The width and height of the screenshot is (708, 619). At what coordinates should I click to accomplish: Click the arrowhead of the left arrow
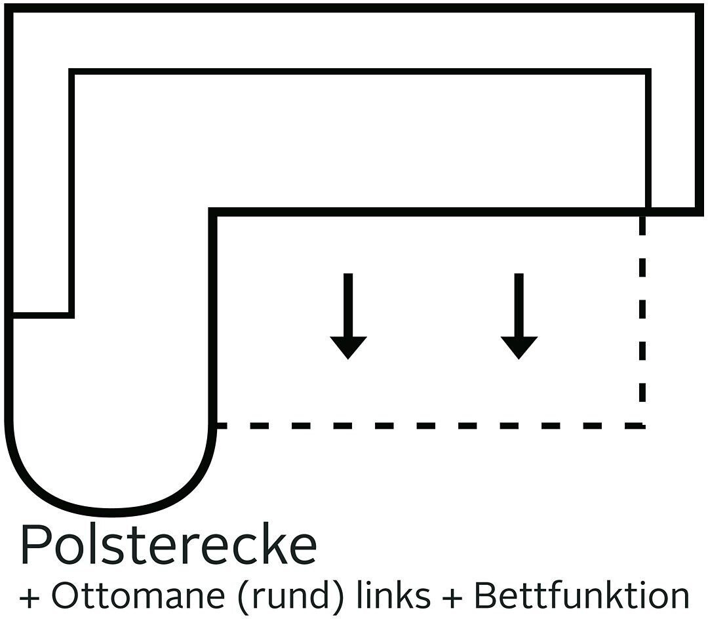pos(348,347)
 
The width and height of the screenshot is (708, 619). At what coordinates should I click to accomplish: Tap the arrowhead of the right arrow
pos(519,347)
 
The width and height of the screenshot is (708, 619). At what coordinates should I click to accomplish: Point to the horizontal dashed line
pos(426,426)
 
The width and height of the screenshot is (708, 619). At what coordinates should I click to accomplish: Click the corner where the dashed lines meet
pos(642,426)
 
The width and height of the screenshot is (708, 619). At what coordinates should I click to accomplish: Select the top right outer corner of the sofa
pos(698,9)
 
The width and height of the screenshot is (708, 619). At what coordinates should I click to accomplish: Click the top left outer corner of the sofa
pos(9,9)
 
